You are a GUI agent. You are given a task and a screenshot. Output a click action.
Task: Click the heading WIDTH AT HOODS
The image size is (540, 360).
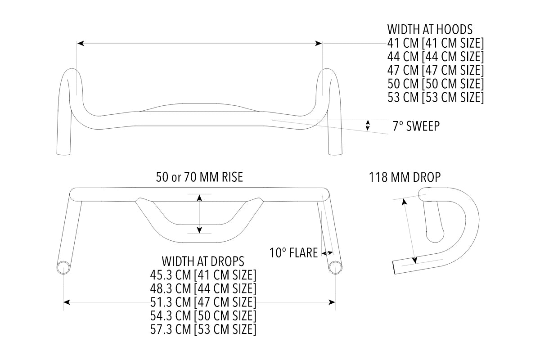point(430,30)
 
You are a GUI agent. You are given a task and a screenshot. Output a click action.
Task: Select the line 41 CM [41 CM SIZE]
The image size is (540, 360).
point(435,43)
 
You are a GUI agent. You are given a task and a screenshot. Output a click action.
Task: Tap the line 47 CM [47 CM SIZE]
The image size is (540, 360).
point(435,70)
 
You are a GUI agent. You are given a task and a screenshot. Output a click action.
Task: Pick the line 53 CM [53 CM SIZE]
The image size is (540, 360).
point(435,97)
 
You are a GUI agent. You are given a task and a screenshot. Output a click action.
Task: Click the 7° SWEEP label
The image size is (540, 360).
point(416,126)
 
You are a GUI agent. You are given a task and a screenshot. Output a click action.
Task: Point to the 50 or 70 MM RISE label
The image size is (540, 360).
point(199,177)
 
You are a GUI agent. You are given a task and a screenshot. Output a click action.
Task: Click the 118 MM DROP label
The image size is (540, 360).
point(405,177)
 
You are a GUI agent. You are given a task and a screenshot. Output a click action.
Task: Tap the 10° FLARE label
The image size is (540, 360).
point(293,252)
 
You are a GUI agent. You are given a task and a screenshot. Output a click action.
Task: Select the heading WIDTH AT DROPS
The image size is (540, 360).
point(203,261)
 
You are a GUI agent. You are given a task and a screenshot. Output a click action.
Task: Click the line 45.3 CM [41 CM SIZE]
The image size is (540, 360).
point(203,274)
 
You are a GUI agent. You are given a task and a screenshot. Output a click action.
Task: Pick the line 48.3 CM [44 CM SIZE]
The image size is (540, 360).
point(203,288)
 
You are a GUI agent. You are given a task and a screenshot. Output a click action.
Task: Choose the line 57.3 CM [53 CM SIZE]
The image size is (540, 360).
point(203,328)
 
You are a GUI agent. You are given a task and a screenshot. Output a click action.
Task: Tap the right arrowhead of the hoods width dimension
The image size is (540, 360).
point(319,43)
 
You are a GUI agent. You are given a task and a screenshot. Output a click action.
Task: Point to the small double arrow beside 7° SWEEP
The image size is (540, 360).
point(368,125)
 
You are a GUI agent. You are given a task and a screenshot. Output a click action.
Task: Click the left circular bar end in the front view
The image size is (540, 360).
point(63,267)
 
